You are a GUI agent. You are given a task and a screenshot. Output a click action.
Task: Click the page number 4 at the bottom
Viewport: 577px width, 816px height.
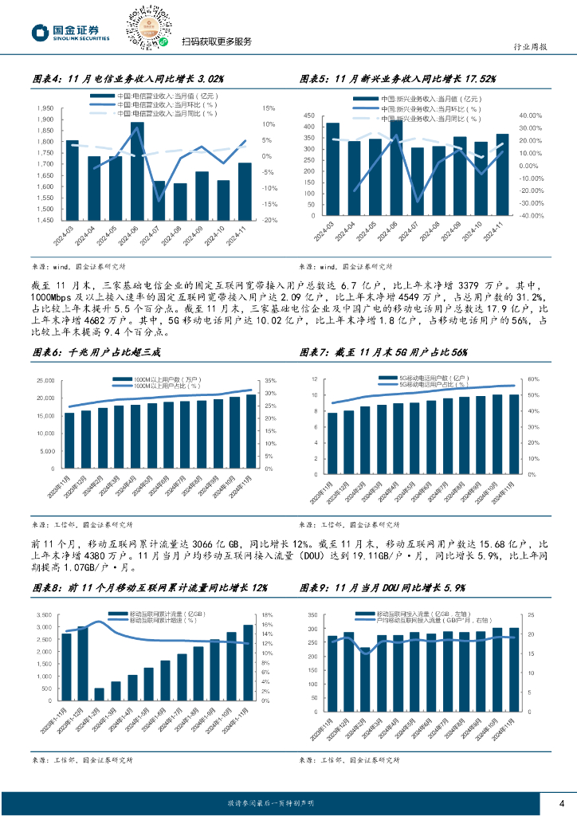pyautogui.click(x=561, y=802)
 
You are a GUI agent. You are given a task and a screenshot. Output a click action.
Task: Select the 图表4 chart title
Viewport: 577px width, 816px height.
pyautogui.click(x=128, y=79)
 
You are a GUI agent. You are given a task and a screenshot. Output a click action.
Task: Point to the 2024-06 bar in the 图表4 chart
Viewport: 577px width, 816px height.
pyautogui.click(x=137, y=167)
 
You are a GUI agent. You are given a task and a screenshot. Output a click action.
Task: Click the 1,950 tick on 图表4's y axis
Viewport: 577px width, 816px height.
pyautogui.click(x=45, y=108)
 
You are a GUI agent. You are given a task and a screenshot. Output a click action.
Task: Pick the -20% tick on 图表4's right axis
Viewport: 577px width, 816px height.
pyautogui.click(x=269, y=220)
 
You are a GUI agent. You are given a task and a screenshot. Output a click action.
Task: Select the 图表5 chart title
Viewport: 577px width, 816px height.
pyautogui.click(x=398, y=79)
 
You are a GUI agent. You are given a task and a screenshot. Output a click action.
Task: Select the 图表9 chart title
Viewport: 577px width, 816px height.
pyautogui.click(x=383, y=586)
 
